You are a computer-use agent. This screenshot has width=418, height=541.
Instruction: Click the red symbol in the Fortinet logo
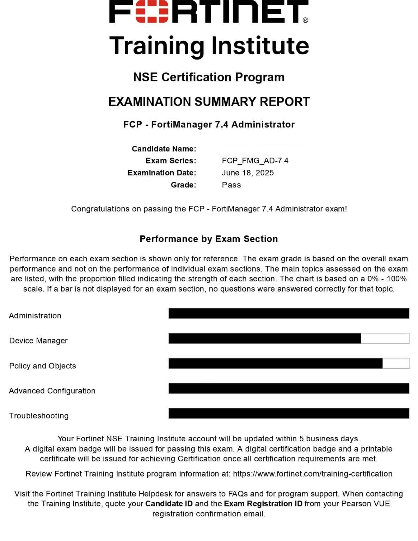tap(152, 12)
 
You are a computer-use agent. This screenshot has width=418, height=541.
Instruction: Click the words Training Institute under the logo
tap(209, 46)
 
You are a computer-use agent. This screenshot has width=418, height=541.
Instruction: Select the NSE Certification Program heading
tap(209, 77)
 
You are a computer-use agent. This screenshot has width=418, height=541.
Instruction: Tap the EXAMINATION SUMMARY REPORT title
tap(209, 102)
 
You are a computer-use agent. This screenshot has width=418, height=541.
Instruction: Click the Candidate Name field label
tap(164, 149)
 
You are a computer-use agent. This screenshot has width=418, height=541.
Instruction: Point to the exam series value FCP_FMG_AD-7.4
tap(255, 161)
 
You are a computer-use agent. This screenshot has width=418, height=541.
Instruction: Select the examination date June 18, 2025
tap(248, 173)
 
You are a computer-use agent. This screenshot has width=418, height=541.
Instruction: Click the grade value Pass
tap(231, 185)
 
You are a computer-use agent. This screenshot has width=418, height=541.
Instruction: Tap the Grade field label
tap(183, 185)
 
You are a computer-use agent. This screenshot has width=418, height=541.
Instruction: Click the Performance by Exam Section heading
tap(209, 239)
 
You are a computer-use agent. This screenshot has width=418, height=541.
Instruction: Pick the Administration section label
tap(35, 316)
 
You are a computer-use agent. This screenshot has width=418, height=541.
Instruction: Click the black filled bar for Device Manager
tap(264, 338)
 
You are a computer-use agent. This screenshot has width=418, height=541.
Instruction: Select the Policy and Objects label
tap(42, 366)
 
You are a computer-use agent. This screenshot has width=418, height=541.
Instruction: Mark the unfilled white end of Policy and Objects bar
tap(396, 363)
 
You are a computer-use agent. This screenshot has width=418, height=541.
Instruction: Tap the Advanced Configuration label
tap(52, 391)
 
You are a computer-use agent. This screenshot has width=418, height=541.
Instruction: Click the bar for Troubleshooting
tap(289, 413)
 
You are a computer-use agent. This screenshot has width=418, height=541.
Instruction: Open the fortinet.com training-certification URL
tap(313, 474)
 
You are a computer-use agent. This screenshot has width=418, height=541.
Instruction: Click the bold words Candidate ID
tap(169, 504)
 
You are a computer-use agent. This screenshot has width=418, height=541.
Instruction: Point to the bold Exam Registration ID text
tap(263, 504)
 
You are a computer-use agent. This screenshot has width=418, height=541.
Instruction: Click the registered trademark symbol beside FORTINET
tap(306, 20)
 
